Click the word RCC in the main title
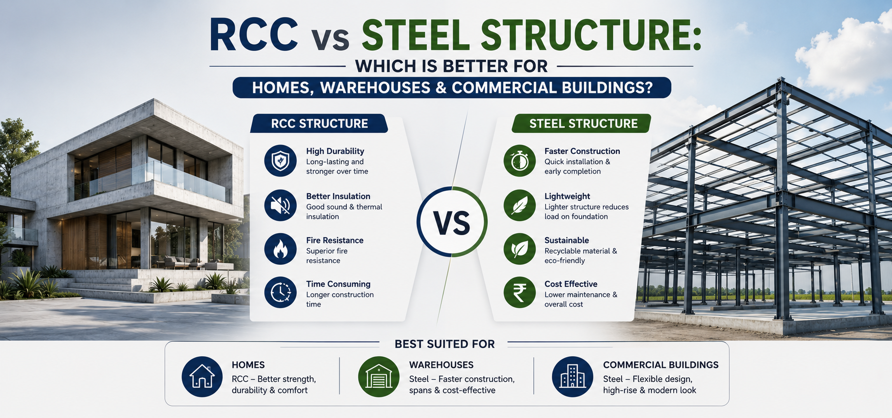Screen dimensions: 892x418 pos(254,35)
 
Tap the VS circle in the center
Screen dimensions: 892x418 pos(452,222)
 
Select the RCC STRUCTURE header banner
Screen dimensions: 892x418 pos(319,124)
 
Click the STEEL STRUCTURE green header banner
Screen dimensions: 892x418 pos(582,124)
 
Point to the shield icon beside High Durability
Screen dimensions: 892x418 pos(280,161)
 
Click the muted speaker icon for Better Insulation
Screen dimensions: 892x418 pos(280,205)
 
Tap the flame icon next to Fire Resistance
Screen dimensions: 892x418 pos(280,249)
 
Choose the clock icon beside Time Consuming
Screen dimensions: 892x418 pos(280,292)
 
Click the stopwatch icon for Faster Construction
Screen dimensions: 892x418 pos(520,161)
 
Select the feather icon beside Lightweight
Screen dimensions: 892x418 pos(520,205)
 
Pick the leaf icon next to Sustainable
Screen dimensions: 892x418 pos(520,249)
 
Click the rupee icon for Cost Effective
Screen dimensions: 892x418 pos(520,292)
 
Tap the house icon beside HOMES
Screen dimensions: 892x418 pos(202,377)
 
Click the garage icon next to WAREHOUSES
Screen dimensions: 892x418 pos(379,377)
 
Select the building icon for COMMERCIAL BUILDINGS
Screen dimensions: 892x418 pos(572,377)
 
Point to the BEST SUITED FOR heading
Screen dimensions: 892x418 pos(445,344)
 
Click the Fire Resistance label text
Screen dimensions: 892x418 pos(335,240)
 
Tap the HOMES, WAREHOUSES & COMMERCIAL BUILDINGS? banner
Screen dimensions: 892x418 pos(452,88)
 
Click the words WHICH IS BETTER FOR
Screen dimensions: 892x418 pos(452,66)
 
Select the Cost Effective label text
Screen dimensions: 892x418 pos(571,284)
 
